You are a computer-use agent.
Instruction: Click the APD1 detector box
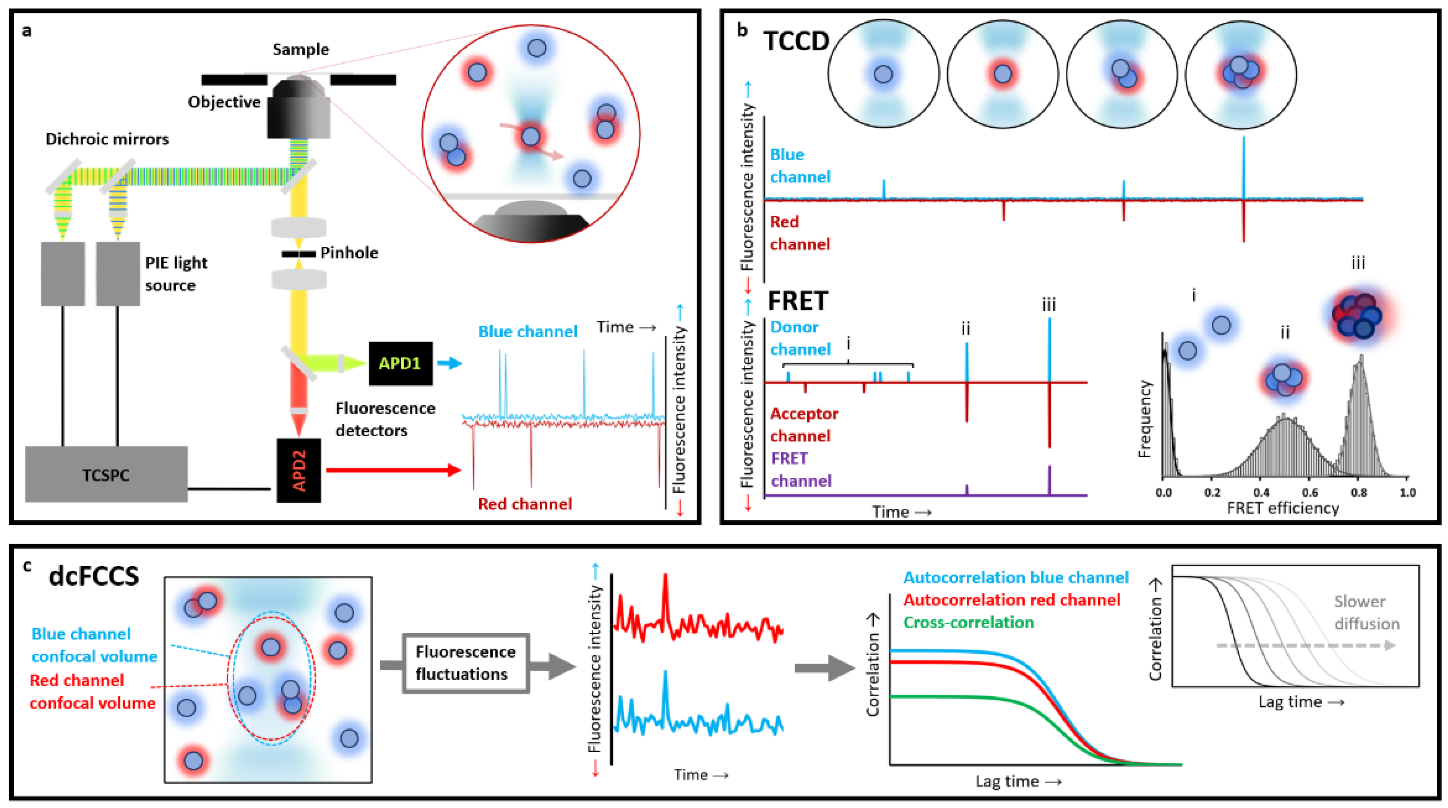pos(400,363)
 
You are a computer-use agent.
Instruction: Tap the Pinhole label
pos(348,253)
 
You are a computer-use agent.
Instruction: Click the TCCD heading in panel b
pos(796,41)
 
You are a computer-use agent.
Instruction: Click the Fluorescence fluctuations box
pos(465,663)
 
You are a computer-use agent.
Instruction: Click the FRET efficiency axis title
pos(1283,508)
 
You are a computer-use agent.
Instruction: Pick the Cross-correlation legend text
pos(968,622)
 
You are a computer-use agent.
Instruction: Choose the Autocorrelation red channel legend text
pos(1012,600)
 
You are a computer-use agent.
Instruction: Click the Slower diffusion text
pos(1366,612)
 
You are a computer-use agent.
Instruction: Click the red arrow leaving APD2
pos(393,470)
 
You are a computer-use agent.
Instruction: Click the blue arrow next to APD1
pos(449,363)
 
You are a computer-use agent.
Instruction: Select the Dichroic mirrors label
pos(107,139)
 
